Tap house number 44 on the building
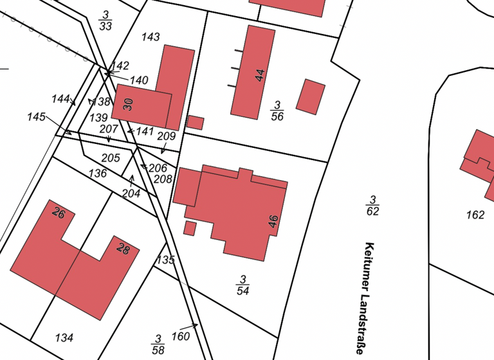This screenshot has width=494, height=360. tap(260, 75)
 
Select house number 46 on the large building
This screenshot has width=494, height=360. tap(273, 222)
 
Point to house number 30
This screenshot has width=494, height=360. tap(128, 104)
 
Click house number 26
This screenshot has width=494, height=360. tap(59, 213)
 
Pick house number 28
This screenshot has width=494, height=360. tap(122, 249)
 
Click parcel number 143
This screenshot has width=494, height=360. tap(150, 37)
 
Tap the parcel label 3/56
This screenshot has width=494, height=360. tap(277, 111)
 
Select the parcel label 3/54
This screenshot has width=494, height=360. tap(242, 285)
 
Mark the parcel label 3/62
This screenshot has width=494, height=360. tap(372, 205)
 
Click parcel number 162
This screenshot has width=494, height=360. tap(475, 215)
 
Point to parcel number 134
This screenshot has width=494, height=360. tap(64, 337)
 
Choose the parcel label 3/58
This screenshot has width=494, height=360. tap(158, 344)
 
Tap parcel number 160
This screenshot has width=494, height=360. tap(181, 336)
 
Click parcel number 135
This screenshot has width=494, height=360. tap(166, 260)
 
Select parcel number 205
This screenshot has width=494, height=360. tap(111, 158)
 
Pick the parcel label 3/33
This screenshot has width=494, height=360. tap(105, 21)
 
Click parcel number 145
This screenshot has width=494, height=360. tap(37, 116)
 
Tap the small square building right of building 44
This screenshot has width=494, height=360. tap(311, 96)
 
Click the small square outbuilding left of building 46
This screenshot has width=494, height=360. tap(190, 228)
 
